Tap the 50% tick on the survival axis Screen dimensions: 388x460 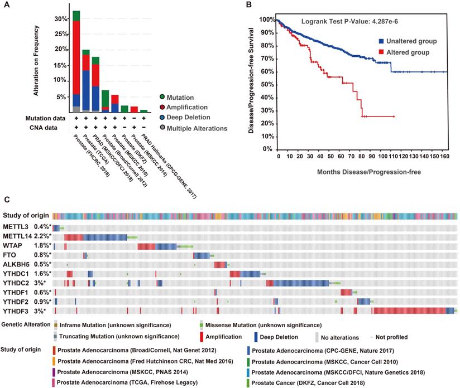(267, 84)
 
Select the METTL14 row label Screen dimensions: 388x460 (17, 237)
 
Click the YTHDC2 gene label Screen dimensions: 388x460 (16, 283)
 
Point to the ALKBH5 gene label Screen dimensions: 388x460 (16, 264)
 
